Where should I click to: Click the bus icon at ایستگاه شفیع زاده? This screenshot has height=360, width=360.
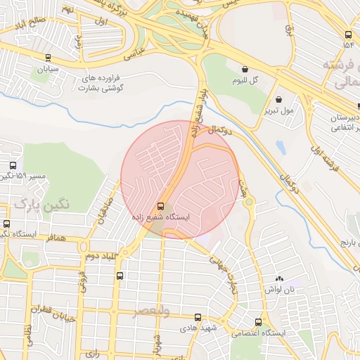[x=161, y=207]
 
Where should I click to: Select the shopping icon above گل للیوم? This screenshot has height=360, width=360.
[x=245, y=70]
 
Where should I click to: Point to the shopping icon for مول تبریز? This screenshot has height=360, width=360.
[x=279, y=99]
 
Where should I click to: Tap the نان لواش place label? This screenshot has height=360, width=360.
[x=278, y=290]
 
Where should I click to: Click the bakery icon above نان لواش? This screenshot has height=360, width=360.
[x=279, y=279]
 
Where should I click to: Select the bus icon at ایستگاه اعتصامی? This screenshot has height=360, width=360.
[x=258, y=322]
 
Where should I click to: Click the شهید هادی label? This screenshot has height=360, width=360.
[x=196, y=328]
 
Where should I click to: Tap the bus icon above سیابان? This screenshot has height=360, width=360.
[x=47, y=58]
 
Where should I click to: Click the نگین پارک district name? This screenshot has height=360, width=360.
[x=41, y=205]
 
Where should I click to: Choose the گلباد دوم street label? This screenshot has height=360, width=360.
[x=101, y=255]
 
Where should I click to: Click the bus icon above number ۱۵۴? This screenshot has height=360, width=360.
[x=348, y=34]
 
